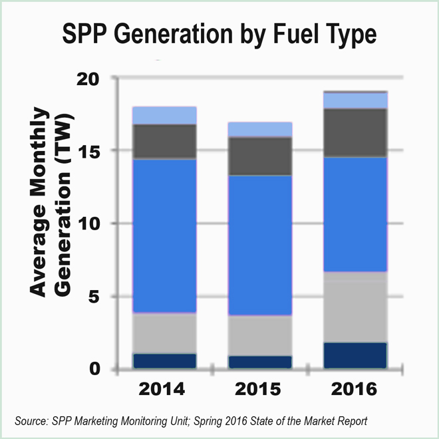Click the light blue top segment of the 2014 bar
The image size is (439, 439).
[164, 115]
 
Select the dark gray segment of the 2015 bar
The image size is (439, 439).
[261, 156]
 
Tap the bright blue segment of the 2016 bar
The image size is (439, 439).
[355, 214]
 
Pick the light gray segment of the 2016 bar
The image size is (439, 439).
[355, 307]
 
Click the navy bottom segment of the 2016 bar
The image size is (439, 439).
[355, 355]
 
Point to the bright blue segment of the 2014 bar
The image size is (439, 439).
[164, 235]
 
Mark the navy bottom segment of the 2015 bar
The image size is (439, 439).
[261, 362]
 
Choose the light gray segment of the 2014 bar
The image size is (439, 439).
[164, 333]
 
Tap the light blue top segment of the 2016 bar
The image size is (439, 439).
[355, 100]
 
